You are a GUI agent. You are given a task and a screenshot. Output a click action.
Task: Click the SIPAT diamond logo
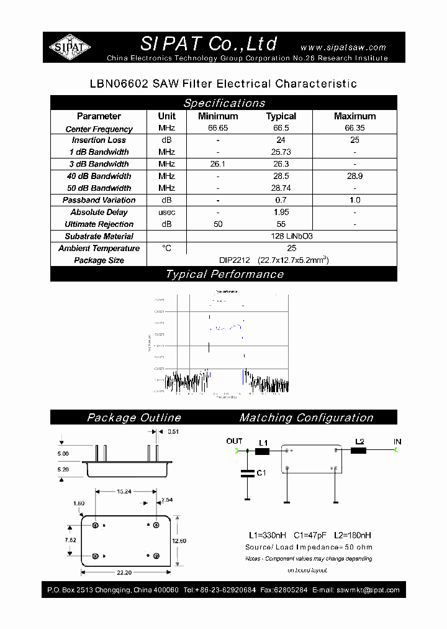point(70,47)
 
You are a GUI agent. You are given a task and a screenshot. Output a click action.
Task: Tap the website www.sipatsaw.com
point(343,47)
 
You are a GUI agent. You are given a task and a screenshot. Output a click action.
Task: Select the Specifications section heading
point(223,103)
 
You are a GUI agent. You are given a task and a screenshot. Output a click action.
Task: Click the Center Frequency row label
point(99,129)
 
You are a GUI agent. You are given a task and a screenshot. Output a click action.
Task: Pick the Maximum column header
point(354,116)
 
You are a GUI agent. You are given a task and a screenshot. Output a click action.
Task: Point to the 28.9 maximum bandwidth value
point(354,177)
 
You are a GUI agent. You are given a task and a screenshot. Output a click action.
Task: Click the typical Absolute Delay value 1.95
point(281,213)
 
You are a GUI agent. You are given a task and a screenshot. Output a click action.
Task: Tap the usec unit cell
point(166,213)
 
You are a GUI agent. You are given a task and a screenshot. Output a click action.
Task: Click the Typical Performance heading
point(223,275)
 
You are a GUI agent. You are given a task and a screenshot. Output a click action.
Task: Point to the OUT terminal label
point(234,441)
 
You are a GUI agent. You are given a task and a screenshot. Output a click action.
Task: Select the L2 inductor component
point(359,451)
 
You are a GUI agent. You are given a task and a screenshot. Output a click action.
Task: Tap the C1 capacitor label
point(261,473)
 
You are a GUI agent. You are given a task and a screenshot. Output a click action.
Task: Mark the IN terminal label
point(397,442)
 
